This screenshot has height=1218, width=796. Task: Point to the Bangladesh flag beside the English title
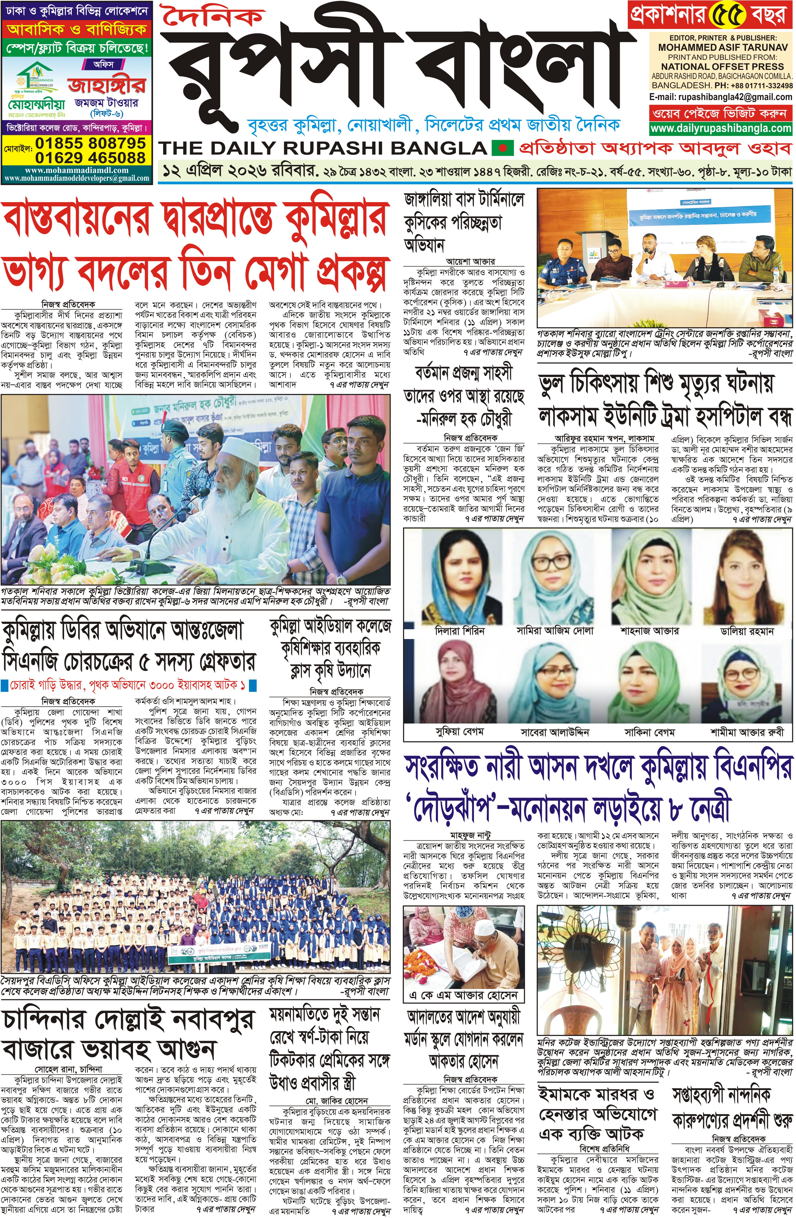point(502,148)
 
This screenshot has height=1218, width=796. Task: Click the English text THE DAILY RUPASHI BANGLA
point(323,148)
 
